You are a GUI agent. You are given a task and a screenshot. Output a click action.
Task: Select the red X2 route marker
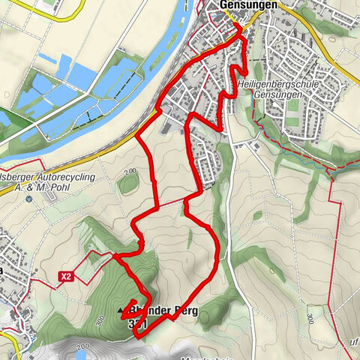66,277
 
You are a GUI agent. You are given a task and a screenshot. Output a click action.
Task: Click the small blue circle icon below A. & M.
29,199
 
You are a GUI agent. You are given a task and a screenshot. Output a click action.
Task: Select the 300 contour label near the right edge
310,319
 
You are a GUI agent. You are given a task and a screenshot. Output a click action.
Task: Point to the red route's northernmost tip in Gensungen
238,25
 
